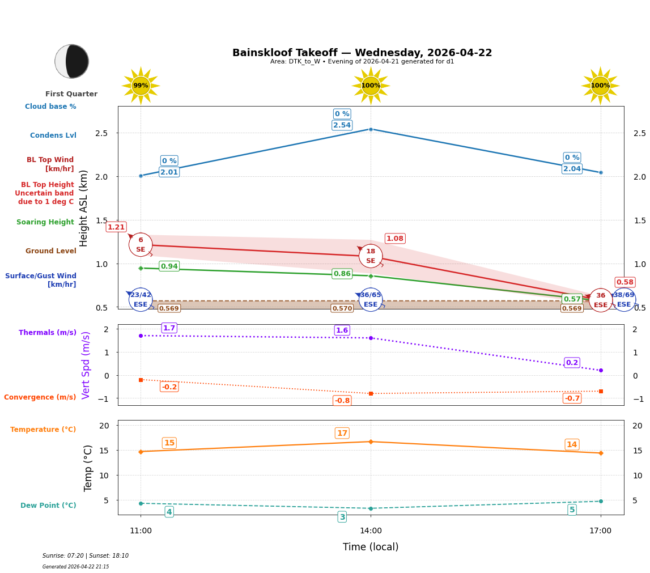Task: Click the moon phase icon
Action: pyautogui.click(x=72, y=61)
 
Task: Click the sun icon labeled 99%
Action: pyautogui.click(x=141, y=86)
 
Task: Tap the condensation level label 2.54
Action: pyautogui.click(x=342, y=125)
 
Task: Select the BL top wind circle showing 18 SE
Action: pyautogui.click(x=371, y=256)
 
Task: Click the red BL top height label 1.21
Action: pyautogui.click(x=116, y=227)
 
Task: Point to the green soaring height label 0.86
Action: pyautogui.click(x=342, y=274)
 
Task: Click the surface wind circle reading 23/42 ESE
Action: pyautogui.click(x=141, y=299)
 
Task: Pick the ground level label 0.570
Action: pyautogui.click(x=342, y=308)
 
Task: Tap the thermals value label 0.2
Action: pyautogui.click(x=572, y=363)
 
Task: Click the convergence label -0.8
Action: pyautogui.click(x=342, y=401)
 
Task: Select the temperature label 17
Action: pyautogui.click(x=342, y=434)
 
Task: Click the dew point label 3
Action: pyautogui.click(x=342, y=517)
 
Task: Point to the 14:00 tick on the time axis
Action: pyautogui.click(x=371, y=530)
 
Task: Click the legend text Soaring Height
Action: pyautogui.click(x=45, y=222)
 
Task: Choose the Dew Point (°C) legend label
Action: pyautogui.click(x=48, y=506)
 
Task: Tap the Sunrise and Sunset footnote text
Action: pyautogui.click(x=86, y=556)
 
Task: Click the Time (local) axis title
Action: pyautogui.click(x=371, y=547)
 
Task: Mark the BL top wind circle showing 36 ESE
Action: pyautogui.click(x=600, y=300)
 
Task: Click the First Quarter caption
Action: pyautogui.click(x=71, y=94)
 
